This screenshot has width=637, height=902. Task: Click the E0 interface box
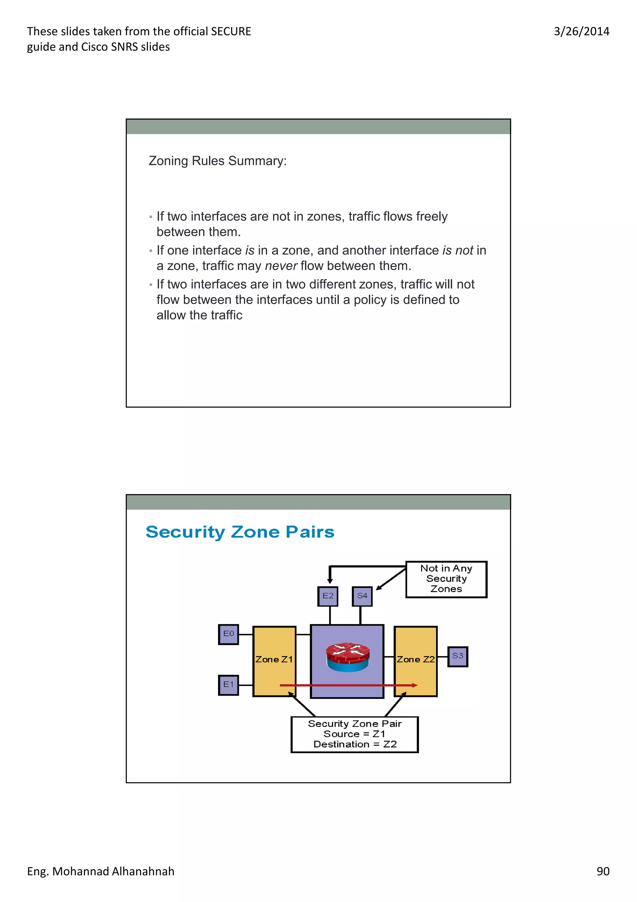(x=228, y=634)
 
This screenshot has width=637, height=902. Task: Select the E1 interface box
(x=228, y=685)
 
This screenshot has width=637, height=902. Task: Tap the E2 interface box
(x=328, y=596)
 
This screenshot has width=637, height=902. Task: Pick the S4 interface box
(x=362, y=596)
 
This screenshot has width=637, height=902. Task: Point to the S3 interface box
(x=458, y=656)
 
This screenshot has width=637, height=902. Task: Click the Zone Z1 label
(x=274, y=660)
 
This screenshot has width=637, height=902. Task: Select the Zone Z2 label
(x=416, y=660)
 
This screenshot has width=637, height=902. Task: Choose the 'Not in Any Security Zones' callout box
(x=446, y=579)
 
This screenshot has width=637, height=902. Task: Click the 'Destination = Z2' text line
(x=355, y=745)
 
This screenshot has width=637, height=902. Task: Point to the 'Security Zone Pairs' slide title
(x=240, y=532)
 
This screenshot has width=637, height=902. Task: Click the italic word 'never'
(x=281, y=266)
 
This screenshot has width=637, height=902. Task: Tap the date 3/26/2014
(x=581, y=31)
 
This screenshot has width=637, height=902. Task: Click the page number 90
(x=603, y=871)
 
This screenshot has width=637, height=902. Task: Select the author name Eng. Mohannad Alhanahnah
(x=100, y=871)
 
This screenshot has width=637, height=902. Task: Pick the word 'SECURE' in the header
(x=231, y=31)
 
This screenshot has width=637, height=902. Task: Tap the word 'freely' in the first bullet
(x=432, y=216)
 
